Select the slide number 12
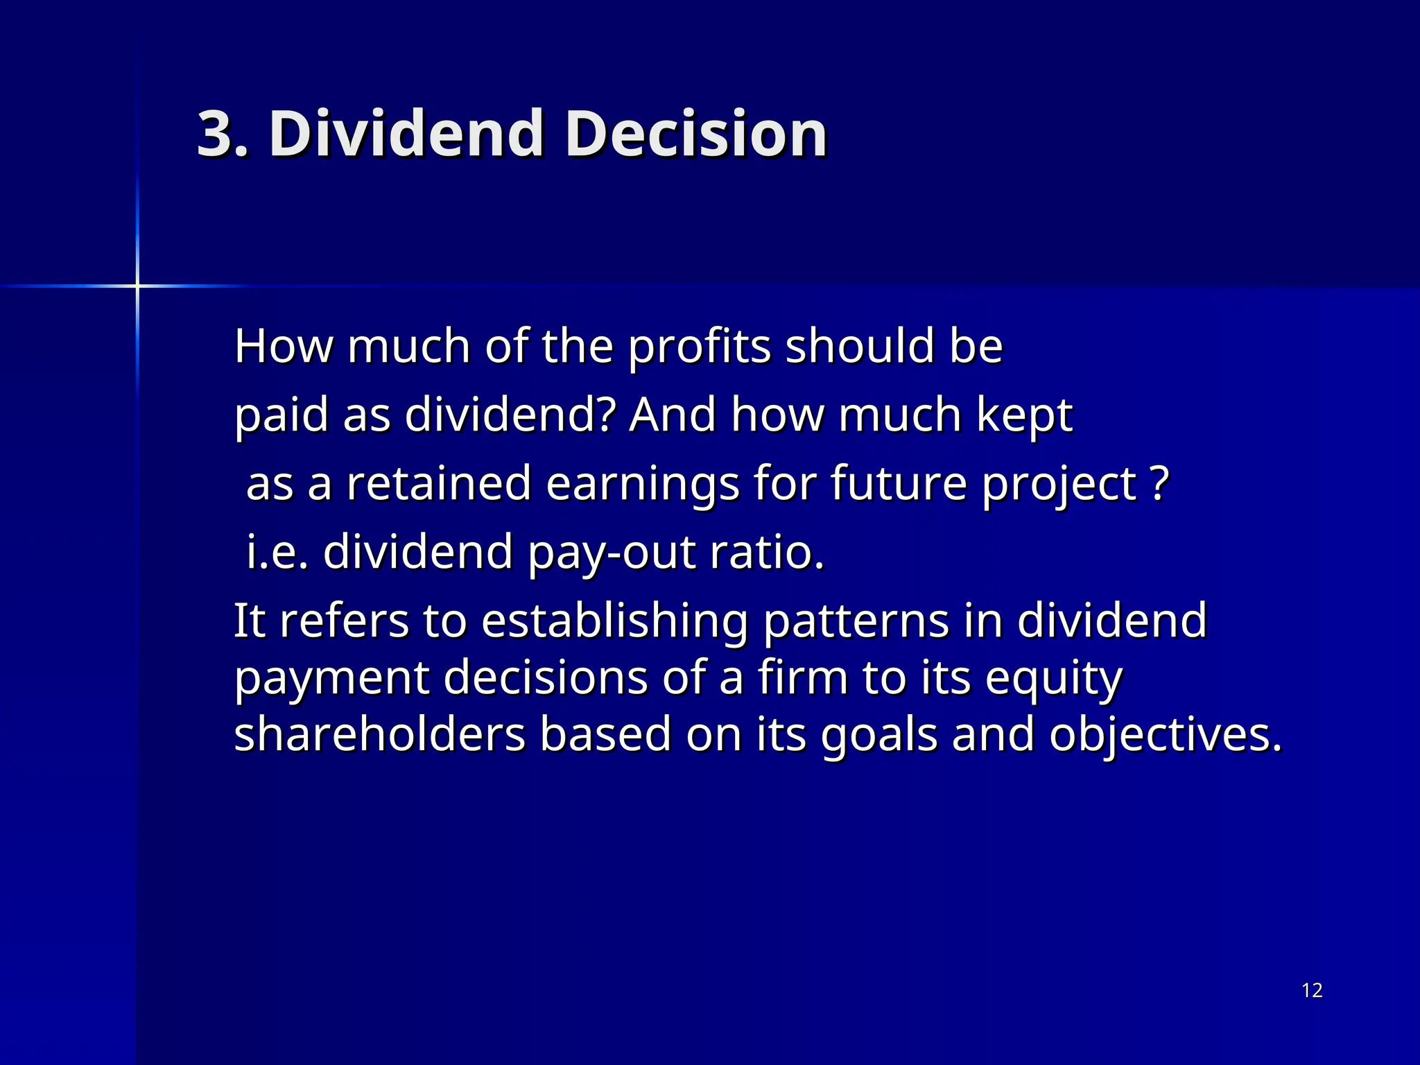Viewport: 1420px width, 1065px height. (x=1312, y=990)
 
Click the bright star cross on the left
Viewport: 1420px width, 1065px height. (x=137, y=286)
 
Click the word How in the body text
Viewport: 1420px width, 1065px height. (x=284, y=346)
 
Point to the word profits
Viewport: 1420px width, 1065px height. (x=699, y=347)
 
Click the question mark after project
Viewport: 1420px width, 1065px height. (x=1159, y=483)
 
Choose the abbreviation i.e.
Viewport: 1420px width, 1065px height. (x=277, y=552)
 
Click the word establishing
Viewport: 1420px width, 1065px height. (x=614, y=621)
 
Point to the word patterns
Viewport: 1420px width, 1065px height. (x=856, y=621)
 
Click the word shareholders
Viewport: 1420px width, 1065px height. (x=380, y=734)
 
